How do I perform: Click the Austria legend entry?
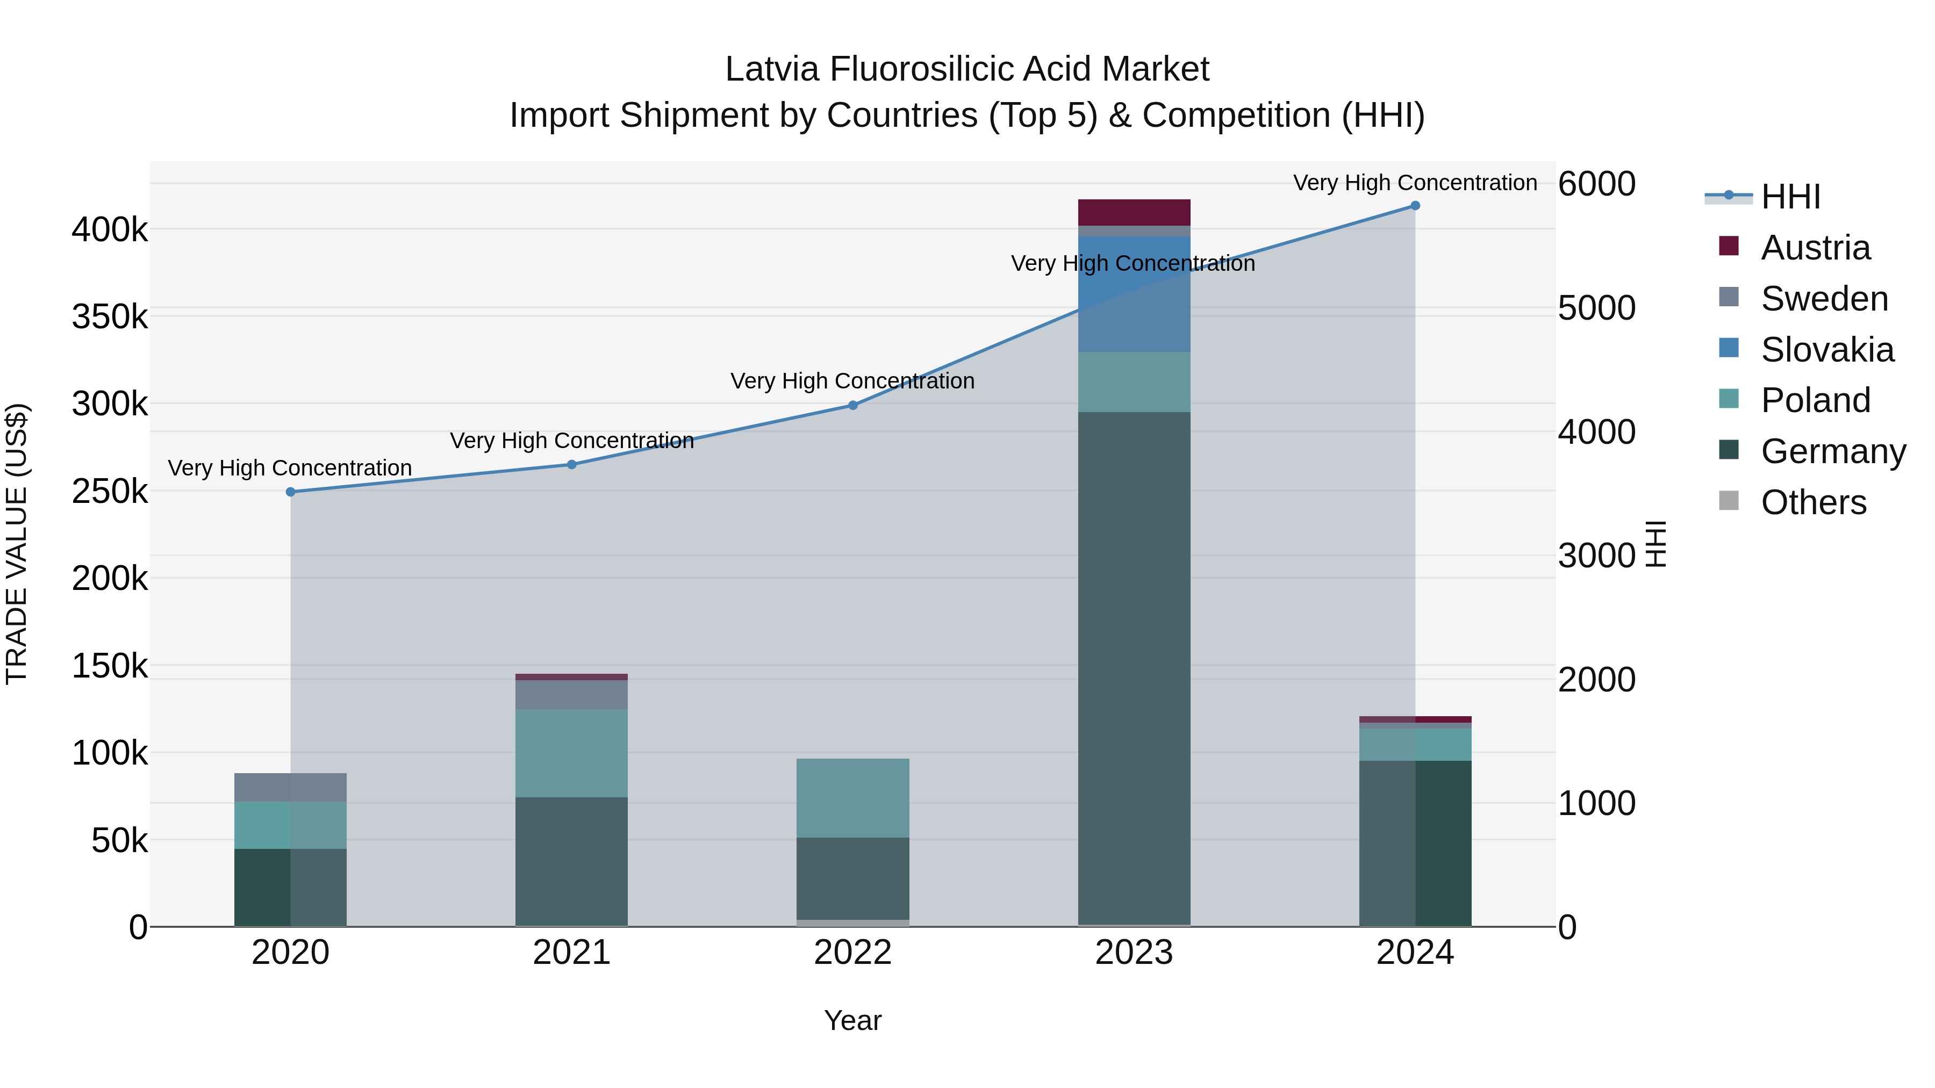tap(1814, 248)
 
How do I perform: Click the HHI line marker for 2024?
tap(1415, 206)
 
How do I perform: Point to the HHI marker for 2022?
tap(852, 406)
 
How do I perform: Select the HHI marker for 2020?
tap(291, 492)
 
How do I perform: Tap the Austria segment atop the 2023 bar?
tap(1134, 212)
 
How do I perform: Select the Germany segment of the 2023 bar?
tap(1134, 668)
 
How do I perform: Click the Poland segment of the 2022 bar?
tap(852, 797)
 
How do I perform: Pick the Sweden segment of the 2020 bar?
tap(291, 787)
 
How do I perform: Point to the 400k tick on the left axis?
tap(110, 230)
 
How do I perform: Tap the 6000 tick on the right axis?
tap(1596, 184)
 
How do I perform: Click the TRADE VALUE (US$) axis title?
tap(17, 544)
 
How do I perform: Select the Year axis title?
tap(852, 1020)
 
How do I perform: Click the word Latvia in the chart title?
tap(772, 70)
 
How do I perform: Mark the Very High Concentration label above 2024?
tap(1415, 183)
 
